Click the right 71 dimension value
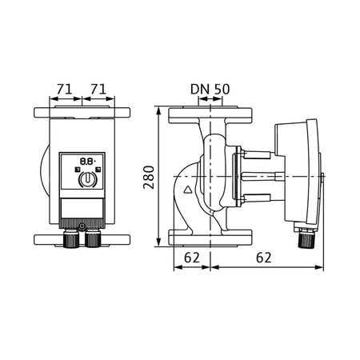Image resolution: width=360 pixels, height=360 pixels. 99,87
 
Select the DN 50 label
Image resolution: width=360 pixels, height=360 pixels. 210,87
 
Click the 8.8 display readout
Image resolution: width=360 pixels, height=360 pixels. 86,161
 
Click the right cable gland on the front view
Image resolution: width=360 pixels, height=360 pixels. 94,238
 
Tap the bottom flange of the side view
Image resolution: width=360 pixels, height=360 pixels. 210,238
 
